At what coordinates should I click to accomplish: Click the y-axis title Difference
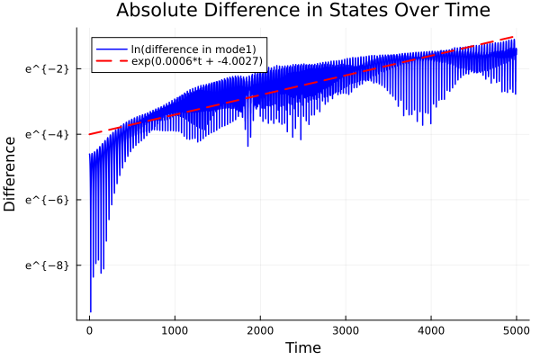point(10,174)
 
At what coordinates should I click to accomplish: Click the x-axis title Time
point(302,347)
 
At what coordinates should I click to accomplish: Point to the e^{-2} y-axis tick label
point(43,68)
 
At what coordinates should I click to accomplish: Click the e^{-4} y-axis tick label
point(43,134)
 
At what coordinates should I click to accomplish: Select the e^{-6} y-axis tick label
point(43,200)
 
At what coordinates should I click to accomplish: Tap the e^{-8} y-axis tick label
point(43,265)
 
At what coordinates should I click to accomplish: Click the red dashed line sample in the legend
point(112,62)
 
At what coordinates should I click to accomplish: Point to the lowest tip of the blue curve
point(90,311)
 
